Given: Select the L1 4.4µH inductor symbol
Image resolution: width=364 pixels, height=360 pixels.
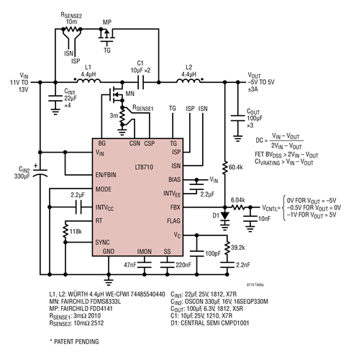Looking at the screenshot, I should pos(88,82).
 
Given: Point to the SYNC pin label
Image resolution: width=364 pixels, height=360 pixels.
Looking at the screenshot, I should pos(103,242).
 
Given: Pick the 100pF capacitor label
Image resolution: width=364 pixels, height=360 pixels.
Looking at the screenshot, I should pos(212,254).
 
